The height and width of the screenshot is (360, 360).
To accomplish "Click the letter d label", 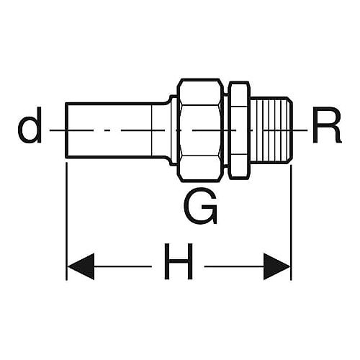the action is click(x=30, y=125).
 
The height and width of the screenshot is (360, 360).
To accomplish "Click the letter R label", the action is click(x=327, y=125).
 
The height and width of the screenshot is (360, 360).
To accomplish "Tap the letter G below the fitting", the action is click(x=201, y=206).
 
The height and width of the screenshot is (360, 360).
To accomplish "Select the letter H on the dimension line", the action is click(x=179, y=261).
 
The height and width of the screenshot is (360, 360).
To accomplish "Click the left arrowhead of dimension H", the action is click(x=81, y=266).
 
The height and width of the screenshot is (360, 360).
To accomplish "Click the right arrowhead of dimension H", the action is click(x=276, y=266).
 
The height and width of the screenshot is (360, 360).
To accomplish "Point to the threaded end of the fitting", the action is click(x=271, y=130).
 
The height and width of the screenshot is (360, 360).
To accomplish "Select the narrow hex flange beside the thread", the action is click(x=239, y=130).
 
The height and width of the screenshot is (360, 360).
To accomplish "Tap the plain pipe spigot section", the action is click(x=115, y=130).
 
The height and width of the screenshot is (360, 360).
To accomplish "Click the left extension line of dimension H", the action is click(x=66, y=221).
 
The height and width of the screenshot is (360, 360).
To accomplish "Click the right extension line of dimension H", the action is click(x=291, y=222).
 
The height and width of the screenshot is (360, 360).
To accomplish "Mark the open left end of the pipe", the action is click(x=66, y=130).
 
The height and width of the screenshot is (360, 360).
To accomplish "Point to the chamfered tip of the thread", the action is click(x=290, y=130).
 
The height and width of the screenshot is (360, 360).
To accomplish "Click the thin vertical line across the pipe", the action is click(x=152, y=130).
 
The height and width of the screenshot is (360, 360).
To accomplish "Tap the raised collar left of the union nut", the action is click(x=174, y=130).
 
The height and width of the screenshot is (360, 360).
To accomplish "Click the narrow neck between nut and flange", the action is click(x=227, y=130).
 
